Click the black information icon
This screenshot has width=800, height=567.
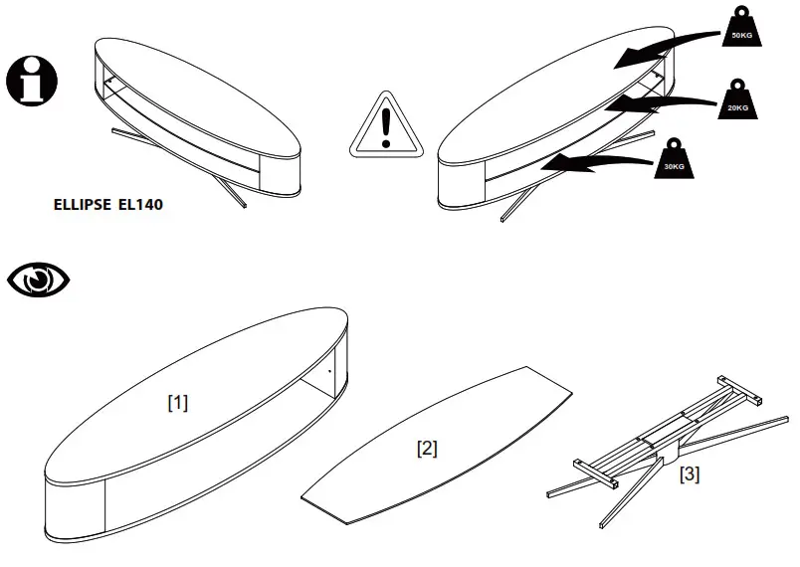click(x=32, y=81)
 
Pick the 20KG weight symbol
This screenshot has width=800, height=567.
click(x=737, y=103)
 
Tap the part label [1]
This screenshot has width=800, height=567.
click(x=177, y=403)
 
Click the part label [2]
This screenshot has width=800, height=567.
click(x=426, y=449)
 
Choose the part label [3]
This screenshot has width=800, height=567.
click(x=689, y=474)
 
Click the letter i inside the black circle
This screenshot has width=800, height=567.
click(x=32, y=81)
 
